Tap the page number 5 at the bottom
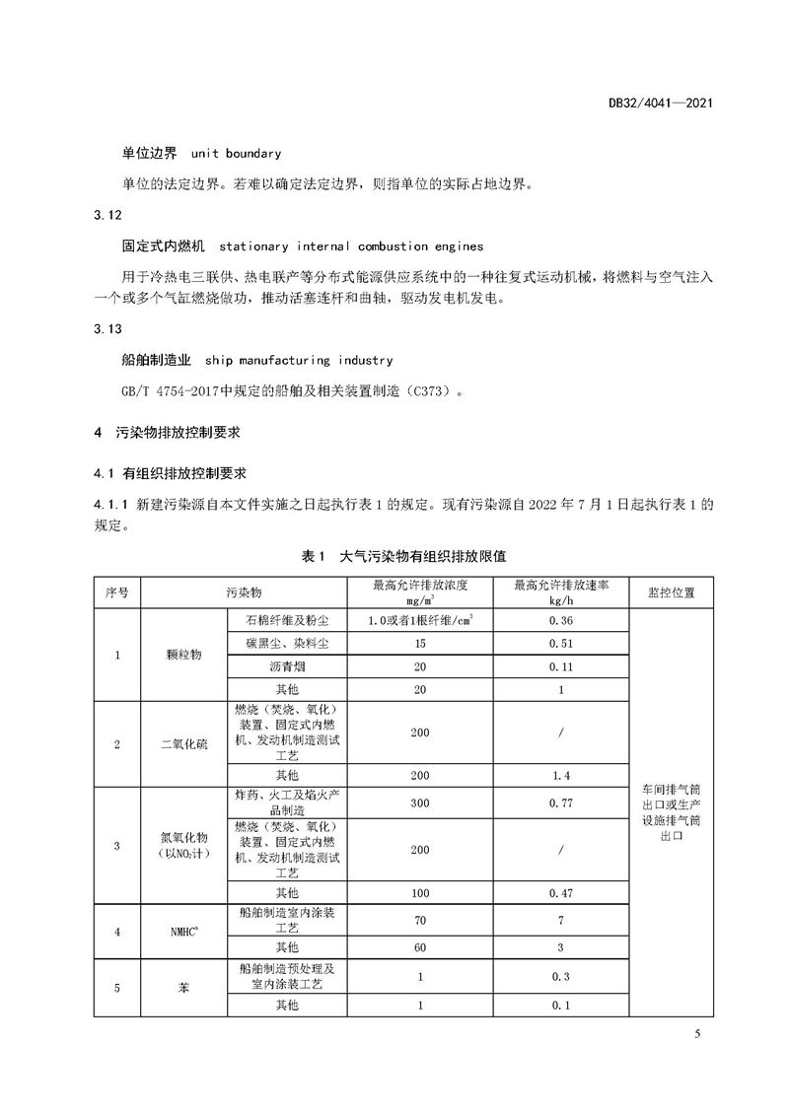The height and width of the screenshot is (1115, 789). click(697, 1033)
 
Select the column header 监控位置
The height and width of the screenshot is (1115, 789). click(671, 592)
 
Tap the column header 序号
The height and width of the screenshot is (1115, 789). click(117, 592)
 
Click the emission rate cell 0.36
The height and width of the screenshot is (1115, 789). click(560, 620)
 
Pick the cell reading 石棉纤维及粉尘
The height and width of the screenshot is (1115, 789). click(286, 620)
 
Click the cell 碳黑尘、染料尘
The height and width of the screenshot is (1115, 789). click(286, 644)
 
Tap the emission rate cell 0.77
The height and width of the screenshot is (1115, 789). click(560, 802)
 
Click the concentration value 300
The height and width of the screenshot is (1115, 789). click(420, 802)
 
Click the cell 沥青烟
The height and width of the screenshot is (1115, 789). click(286, 666)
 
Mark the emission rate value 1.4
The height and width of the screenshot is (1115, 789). click(560, 775)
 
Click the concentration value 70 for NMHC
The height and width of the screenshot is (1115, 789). click(420, 919)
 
